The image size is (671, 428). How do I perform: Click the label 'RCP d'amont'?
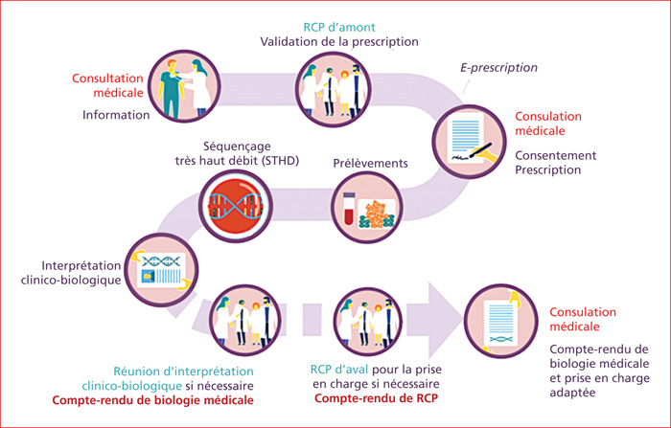(x=339, y=28)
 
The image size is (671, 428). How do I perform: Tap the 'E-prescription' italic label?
(x=498, y=68)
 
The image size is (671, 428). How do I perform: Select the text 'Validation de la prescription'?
(x=339, y=42)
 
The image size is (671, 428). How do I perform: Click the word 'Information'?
(x=116, y=115)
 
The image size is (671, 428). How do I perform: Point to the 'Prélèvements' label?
(x=370, y=164)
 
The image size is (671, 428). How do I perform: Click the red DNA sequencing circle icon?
(x=236, y=206)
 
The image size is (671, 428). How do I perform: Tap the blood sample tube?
(x=349, y=208)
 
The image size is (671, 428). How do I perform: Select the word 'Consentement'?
(x=555, y=155)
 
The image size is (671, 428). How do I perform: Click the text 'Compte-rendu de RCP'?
(x=376, y=398)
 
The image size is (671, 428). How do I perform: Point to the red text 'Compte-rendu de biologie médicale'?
(x=152, y=400)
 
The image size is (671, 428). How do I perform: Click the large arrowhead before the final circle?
(x=446, y=320)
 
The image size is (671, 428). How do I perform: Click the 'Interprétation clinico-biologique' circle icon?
(x=161, y=270)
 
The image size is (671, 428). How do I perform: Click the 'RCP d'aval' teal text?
(x=339, y=369)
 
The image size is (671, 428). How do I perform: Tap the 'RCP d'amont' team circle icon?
(x=333, y=89)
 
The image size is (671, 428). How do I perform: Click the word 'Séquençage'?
(x=237, y=146)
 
